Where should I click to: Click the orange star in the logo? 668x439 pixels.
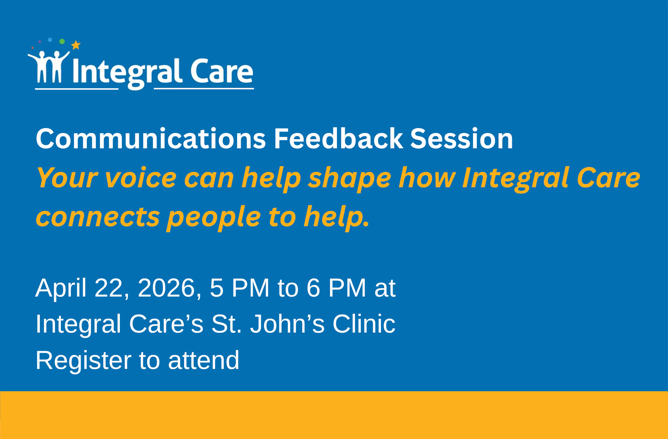tap(76, 45)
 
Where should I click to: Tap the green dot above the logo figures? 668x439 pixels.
tap(62, 41)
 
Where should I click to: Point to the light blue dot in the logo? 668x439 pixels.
tap(50, 40)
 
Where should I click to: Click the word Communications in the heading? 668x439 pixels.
tap(151, 139)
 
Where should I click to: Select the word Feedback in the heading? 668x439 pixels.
tap(338, 139)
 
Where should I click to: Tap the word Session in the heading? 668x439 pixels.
tap(462, 139)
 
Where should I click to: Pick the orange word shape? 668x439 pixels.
tap(350, 178)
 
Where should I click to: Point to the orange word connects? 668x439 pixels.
tap(98, 217)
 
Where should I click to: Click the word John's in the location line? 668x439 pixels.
tap(287, 324)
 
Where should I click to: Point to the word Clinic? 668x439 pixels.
tap(364, 324)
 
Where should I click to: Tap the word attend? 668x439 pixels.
tap(203, 360)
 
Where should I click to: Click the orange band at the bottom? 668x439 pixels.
tap(334, 415)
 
